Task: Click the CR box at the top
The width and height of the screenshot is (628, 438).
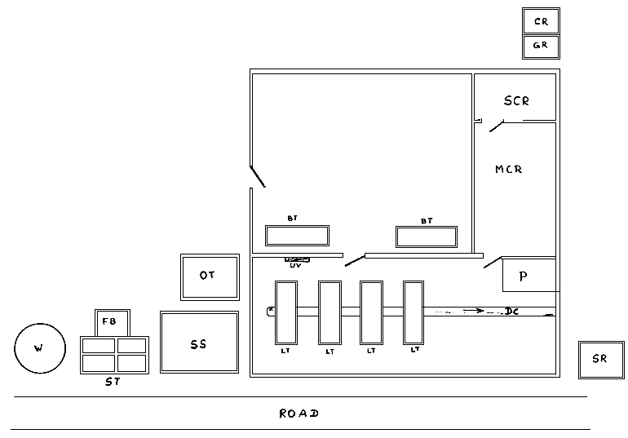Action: click(x=541, y=21)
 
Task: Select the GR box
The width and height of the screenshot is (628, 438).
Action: click(x=541, y=46)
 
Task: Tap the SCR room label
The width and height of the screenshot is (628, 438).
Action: click(x=516, y=101)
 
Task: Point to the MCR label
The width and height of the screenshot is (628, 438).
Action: click(x=508, y=170)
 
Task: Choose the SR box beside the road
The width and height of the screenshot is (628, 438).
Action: click(x=601, y=360)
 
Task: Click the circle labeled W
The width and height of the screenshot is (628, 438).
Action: click(x=39, y=349)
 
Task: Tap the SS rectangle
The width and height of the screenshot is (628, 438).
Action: click(x=199, y=343)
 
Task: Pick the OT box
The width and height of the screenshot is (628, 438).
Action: click(x=210, y=276)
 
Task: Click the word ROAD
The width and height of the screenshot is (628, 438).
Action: click(x=299, y=414)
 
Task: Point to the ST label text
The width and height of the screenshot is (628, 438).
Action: click(x=113, y=382)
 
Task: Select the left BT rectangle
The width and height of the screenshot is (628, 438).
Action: click(x=297, y=236)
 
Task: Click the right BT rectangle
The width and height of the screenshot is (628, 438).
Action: click(x=427, y=237)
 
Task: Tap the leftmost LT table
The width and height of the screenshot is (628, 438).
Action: click(x=286, y=312)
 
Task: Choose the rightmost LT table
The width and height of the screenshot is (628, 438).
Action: click(x=414, y=312)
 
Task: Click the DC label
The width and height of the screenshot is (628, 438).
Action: click(x=512, y=312)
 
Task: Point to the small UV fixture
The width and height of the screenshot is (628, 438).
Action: click(x=295, y=260)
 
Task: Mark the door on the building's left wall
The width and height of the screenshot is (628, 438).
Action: click(x=257, y=176)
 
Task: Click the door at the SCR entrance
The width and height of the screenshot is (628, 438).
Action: click(x=495, y=126)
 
